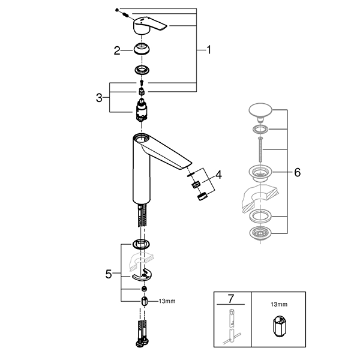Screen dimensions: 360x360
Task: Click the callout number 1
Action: [x=209, y=51]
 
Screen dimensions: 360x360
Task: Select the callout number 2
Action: [x=118, y=51]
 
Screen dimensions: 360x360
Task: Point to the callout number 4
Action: [x=218, y=175]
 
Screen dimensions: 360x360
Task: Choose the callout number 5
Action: [x=108, y=274]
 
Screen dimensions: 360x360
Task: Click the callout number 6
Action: [x=297, y=171]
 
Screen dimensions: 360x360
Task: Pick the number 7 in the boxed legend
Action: [x=231, y=298]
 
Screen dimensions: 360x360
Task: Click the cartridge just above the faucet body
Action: [x=142, y=112]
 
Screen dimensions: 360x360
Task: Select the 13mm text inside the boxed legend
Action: [x=279, y=305]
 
